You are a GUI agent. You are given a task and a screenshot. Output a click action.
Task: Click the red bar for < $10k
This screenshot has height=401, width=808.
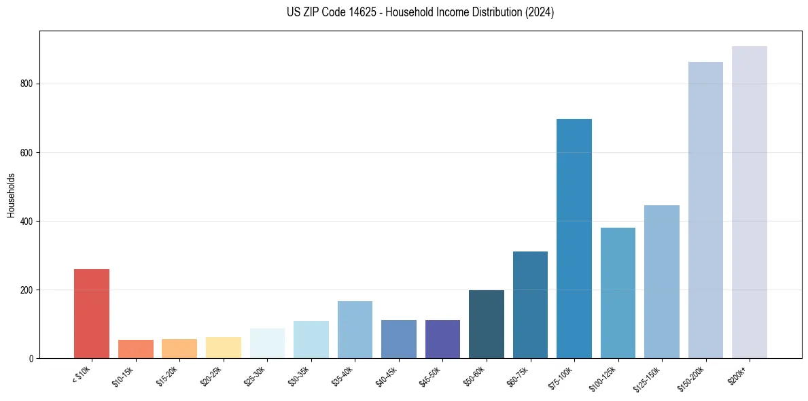[x=91, y=313]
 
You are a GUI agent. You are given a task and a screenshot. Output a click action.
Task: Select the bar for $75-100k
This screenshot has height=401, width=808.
[x=574, y=239]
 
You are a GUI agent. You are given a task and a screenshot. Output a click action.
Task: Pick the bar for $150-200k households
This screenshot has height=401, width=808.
[x=705, y=210]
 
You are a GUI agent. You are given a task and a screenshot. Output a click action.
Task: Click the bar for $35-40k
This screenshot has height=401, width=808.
[x=355, y=330]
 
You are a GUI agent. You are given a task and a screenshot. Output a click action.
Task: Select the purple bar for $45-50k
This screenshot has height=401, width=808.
[x=442, y=339]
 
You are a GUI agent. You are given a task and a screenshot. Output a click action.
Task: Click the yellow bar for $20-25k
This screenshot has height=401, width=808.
[x=223, y=347]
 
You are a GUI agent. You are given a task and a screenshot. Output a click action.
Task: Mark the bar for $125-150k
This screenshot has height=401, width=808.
[x=661, y=281]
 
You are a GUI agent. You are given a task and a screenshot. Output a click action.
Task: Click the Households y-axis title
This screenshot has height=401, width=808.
[x=11, y=195]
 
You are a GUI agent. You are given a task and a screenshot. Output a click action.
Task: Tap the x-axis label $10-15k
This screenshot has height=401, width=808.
[x=123, y=376]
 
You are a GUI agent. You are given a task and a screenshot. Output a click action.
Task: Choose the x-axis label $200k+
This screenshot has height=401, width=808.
[x=737, y=373]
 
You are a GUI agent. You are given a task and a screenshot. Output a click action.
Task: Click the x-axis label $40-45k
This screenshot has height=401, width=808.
[x=386, y=376]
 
